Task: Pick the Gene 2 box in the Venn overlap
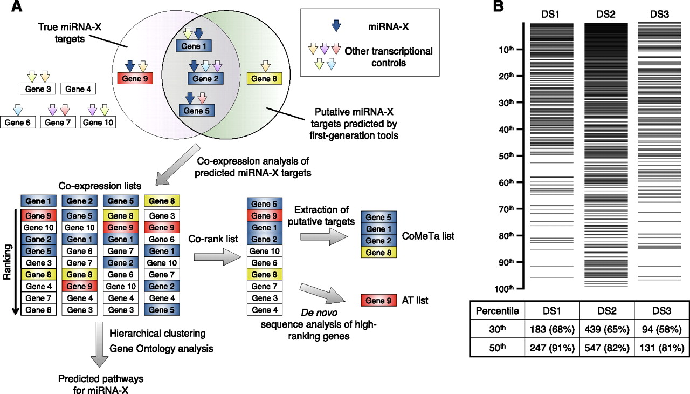coord(205,79)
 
